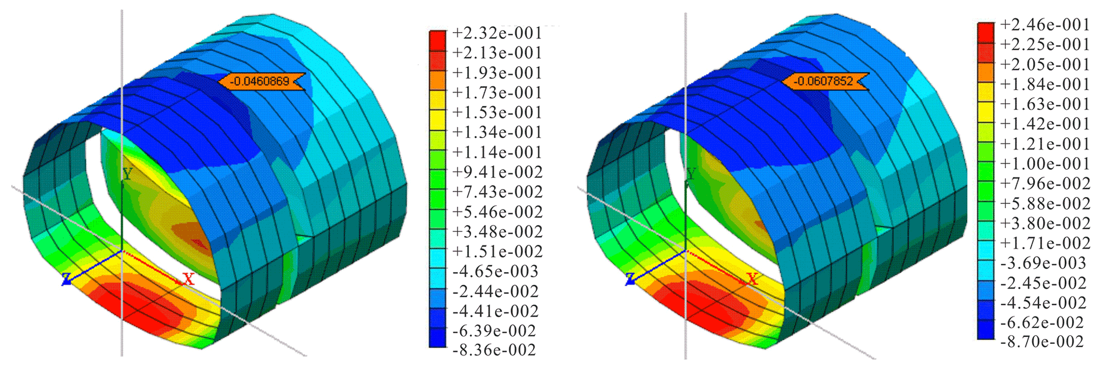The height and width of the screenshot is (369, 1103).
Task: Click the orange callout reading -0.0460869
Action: point(261,81)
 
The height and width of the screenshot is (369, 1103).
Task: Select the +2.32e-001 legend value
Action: point(497,33)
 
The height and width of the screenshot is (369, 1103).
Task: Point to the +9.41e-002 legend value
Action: point(497,172)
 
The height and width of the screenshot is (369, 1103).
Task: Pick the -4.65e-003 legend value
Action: point(495,271)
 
